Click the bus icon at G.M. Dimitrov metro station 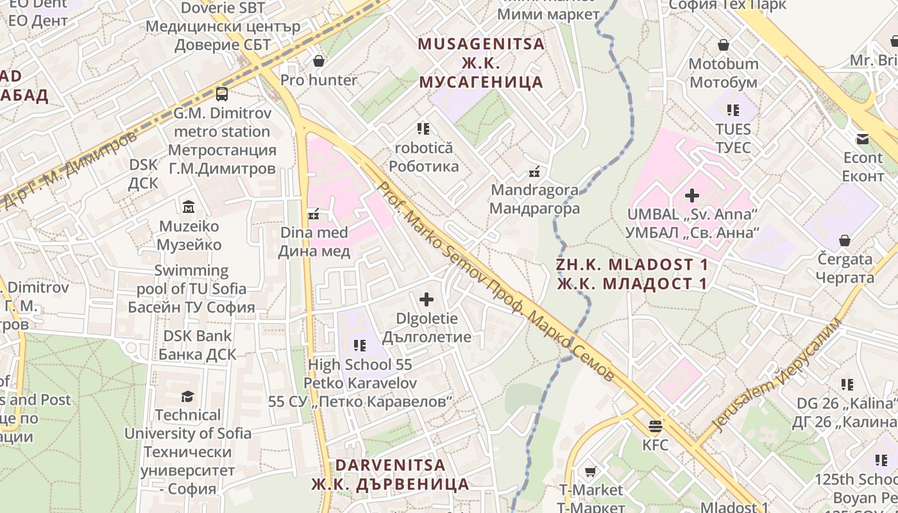coord(222,94)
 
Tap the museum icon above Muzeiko coord(189,206)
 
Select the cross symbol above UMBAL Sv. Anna coord(692,195)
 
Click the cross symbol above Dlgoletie coord(426,299)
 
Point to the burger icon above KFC coord(655,426)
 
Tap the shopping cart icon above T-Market coord(590,472)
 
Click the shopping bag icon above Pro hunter coord(319,61)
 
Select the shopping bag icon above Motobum coord(724,45)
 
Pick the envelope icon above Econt coord(862,139)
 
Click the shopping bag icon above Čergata coord(845,241)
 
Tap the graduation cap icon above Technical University coord(187,396)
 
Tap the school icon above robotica coord(423,129)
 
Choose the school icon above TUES coord(733,110)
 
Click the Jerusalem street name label coord(776,375)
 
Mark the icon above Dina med coord(314,214)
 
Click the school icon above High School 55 coord(360,346)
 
